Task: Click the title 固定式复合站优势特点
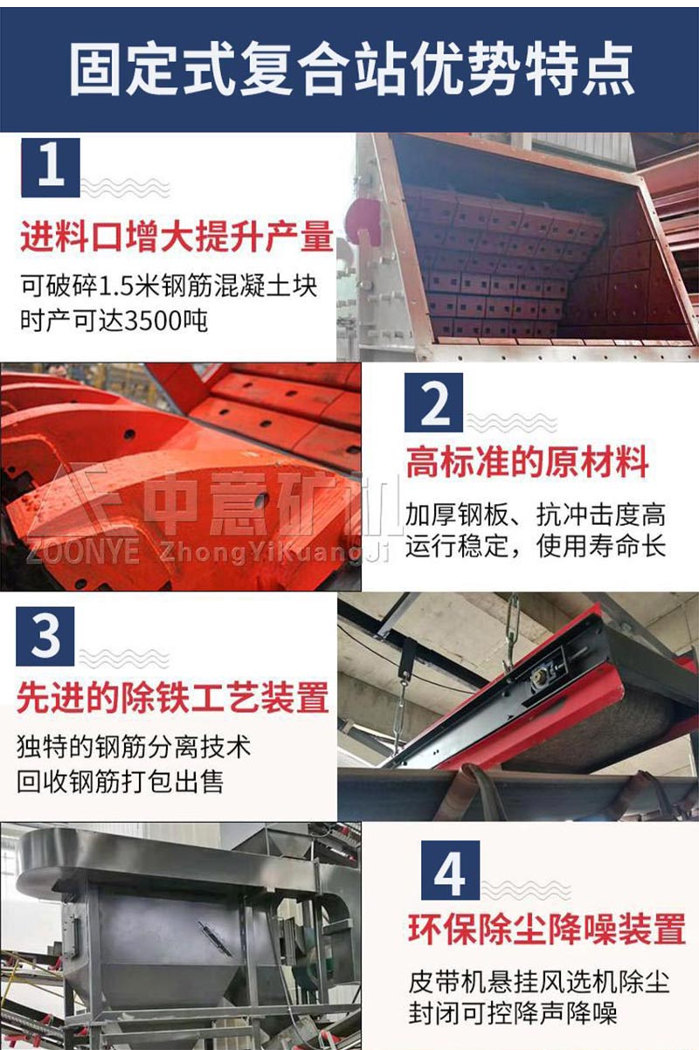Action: (349, 68)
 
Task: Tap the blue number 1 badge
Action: (50, 167)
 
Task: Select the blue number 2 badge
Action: (433, 403)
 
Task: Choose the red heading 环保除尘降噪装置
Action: (546, 929)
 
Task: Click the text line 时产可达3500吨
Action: (114, 321)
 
